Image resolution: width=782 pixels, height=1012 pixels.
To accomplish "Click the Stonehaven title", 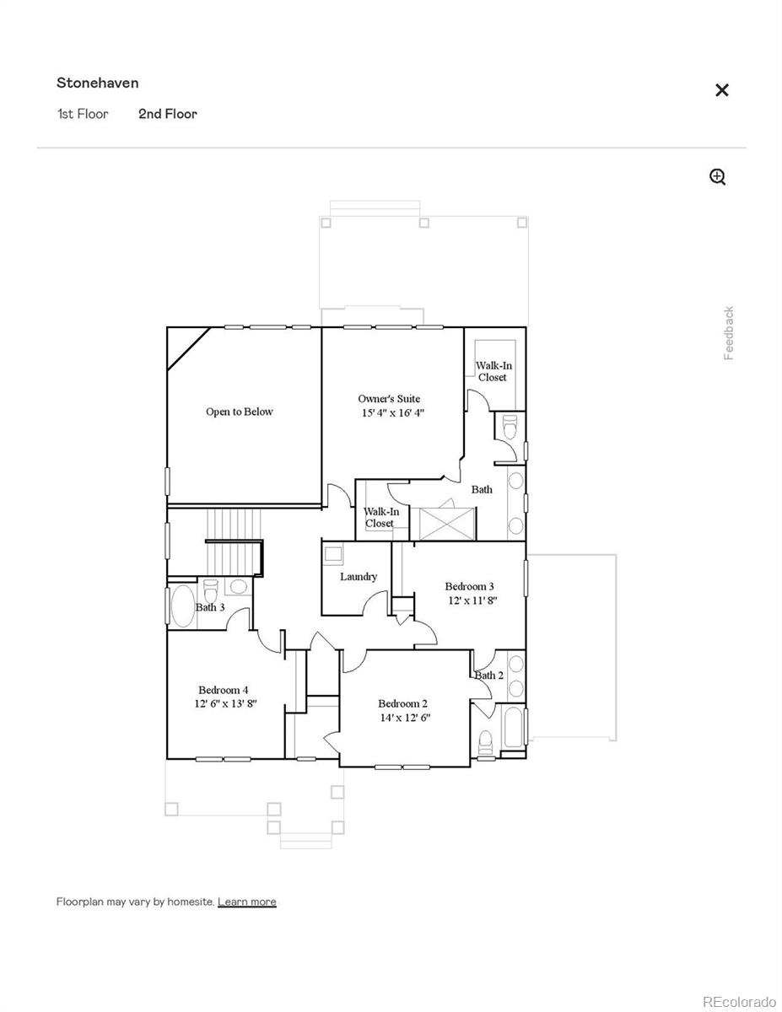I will click(98, 83).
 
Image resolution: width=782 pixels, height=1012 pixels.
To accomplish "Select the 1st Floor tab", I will click(83, 114).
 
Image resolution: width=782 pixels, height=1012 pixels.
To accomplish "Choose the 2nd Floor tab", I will click(168, 114).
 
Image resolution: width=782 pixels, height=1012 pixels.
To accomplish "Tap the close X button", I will click(721, 90).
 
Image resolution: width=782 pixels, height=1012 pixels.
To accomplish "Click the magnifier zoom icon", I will click(717, 176).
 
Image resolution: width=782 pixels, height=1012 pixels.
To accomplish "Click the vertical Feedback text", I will click(729, 333).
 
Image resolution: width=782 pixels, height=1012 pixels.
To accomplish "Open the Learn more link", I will click(246, 902).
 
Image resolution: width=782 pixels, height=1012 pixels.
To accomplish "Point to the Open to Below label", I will click(240, 412).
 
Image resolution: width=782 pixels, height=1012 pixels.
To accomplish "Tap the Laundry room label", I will click(359, 577).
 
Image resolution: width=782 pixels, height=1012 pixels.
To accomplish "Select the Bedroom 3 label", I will click(469, 586).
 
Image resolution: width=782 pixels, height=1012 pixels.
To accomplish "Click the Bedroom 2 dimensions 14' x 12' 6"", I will click(405, 718).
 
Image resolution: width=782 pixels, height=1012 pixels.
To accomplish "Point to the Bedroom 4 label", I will click(223, 689).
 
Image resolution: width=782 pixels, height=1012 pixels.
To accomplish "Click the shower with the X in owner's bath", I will click(447, 523).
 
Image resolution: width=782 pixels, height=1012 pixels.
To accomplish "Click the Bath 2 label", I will click(488, 675).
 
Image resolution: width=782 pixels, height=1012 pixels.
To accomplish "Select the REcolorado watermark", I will click(739, 1001).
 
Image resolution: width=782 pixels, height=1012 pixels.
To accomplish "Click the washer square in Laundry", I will click(333, 554).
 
